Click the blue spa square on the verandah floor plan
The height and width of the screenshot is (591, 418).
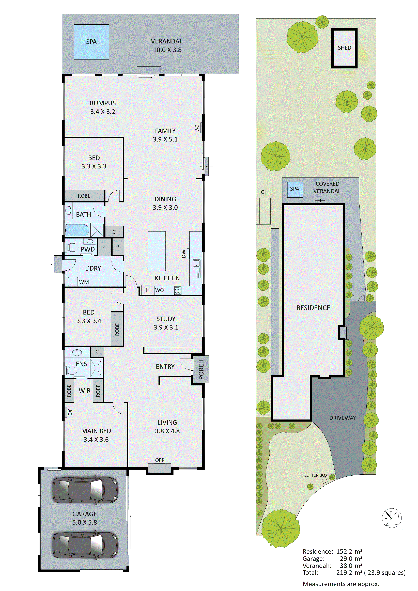(x=91, y=42)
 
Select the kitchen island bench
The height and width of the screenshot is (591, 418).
(x=157, y=251)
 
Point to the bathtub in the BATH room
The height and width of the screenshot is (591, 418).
(x=77, y=230)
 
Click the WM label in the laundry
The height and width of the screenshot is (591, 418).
(x=84, y=282)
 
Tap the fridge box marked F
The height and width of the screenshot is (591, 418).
(x=147, y=290)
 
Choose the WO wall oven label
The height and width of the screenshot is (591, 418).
(x=159, y=290)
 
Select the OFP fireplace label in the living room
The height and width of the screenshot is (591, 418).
(x=160, y=460)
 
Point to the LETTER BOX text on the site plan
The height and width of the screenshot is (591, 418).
(x=316, y=475)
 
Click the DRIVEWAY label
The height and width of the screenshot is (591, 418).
(x=342, y=418)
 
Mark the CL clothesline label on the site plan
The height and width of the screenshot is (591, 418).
(x=264, y=192)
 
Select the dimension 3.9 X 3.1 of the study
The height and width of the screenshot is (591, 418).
(x=166, y=327)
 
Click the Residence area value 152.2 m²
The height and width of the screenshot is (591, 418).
(x=349, y=551)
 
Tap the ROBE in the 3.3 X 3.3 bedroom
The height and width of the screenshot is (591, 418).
(x=84, y=196)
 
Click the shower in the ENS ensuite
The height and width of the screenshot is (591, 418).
(x=96, y=368)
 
